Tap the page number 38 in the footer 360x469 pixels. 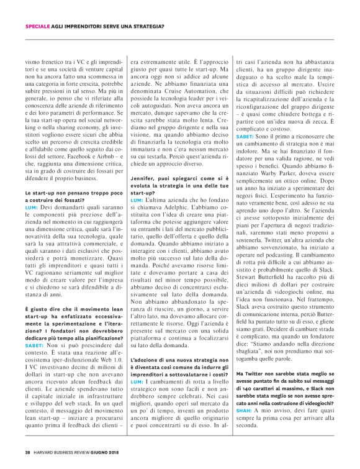pos(27,452)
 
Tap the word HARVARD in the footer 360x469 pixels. pos(45,452)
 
